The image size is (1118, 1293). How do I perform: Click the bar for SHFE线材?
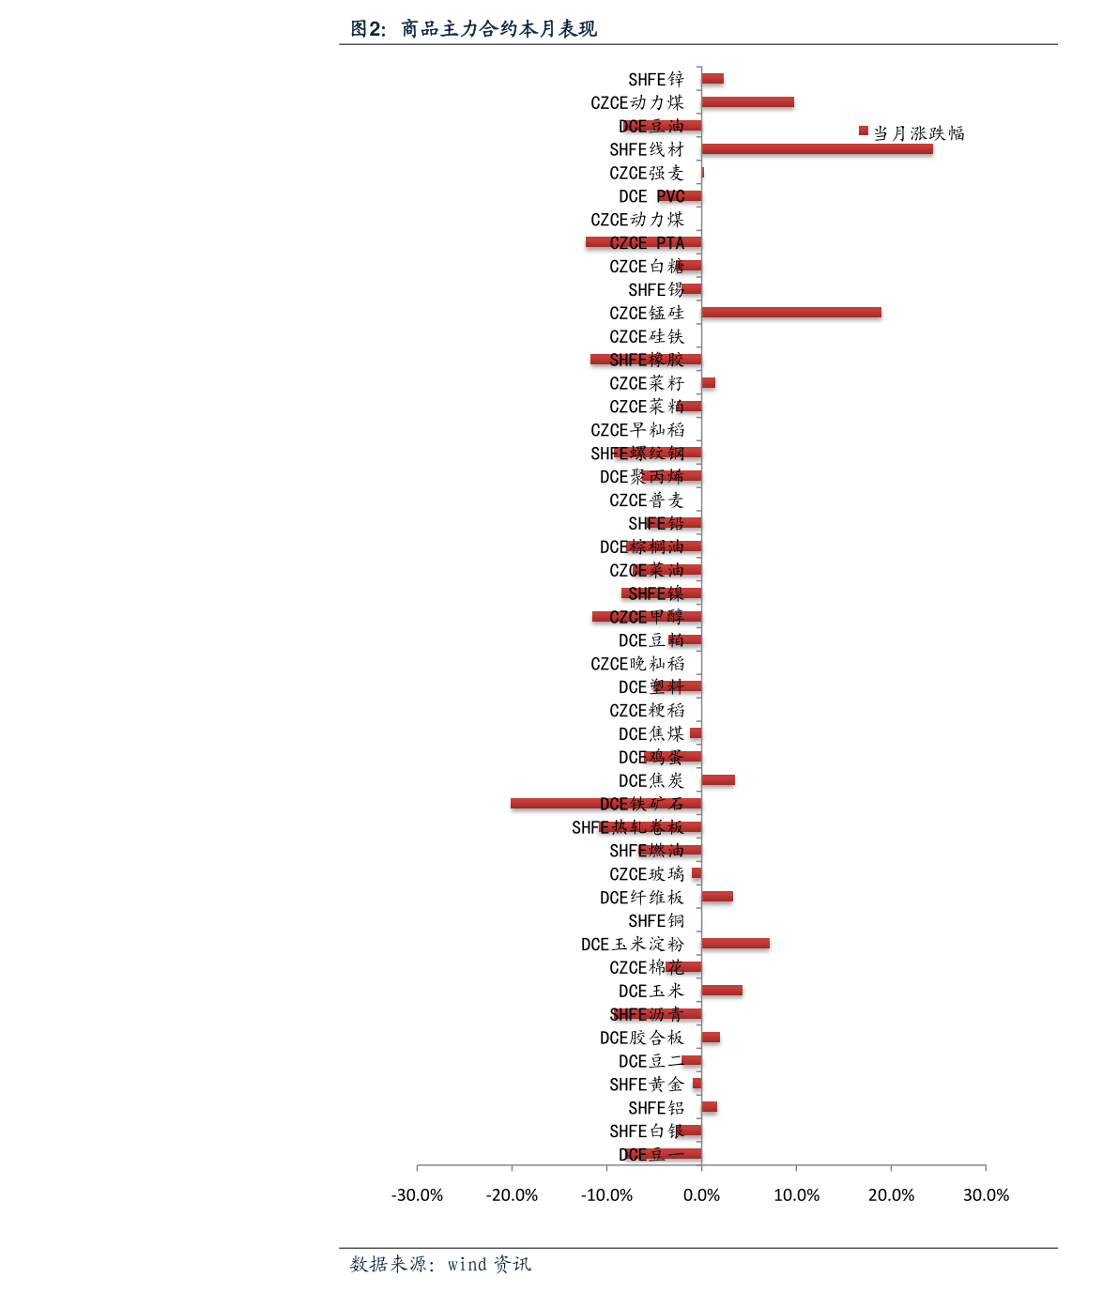point(817,149)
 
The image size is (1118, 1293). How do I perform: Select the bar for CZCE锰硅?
point(791,313)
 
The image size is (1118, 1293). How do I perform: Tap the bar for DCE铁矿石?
point(605,804)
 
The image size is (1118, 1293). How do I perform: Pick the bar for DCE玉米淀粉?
point(735,944)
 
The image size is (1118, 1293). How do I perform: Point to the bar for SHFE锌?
point(712,79)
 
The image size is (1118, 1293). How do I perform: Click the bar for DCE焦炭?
point(718,780)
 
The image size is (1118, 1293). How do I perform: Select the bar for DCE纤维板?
point(717,897)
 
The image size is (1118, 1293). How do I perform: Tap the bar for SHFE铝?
point(710,1107)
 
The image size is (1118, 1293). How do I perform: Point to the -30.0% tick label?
point(417,1195)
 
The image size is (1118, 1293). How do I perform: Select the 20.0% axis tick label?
point(891,1195)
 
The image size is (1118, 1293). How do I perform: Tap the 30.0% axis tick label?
point(986,1195)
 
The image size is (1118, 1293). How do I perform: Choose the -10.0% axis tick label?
point(606,1195)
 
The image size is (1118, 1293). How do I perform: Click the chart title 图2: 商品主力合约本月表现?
point(473,29)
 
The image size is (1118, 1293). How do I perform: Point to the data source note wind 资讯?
point(440,1265)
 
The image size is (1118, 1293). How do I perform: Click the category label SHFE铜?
point(656,921)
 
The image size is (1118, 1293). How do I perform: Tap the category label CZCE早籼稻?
point(637,430)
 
